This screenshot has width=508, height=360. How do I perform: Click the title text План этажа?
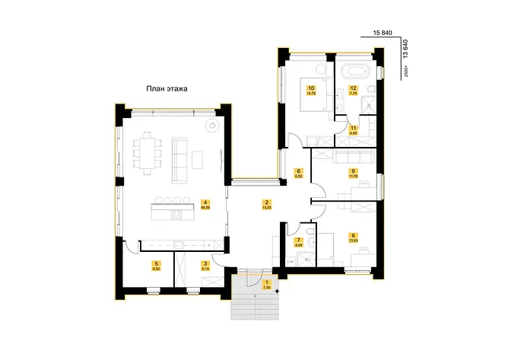167,89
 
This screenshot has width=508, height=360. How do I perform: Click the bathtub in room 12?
355,72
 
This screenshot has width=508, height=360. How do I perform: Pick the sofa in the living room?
180,158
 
